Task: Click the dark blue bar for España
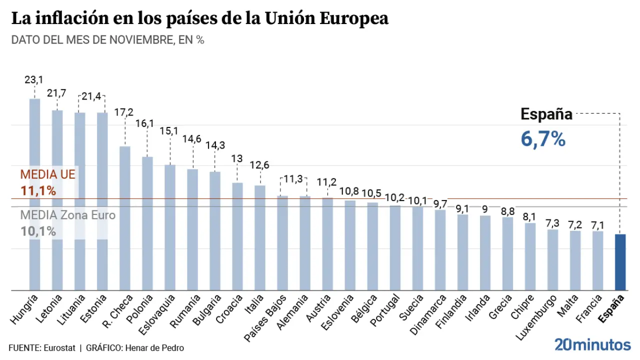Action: point(620,262)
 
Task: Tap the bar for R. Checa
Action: point(124,218)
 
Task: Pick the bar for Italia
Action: point(259,237)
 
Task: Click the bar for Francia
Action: point(597,260)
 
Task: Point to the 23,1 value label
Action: point(34,79)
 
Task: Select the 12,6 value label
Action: point(259,165)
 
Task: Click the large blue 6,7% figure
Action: point(543,139)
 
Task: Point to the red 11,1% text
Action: point(38,190)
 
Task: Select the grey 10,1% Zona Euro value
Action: point(38,231)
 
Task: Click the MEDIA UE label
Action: point(47,174)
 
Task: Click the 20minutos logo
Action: point(592,344)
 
